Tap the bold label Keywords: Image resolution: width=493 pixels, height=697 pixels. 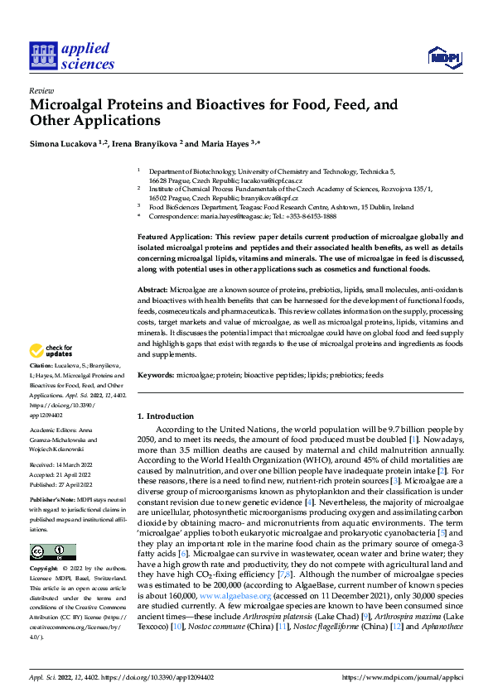point(155,376)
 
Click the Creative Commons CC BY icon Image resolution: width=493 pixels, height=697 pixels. point(52,552)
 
